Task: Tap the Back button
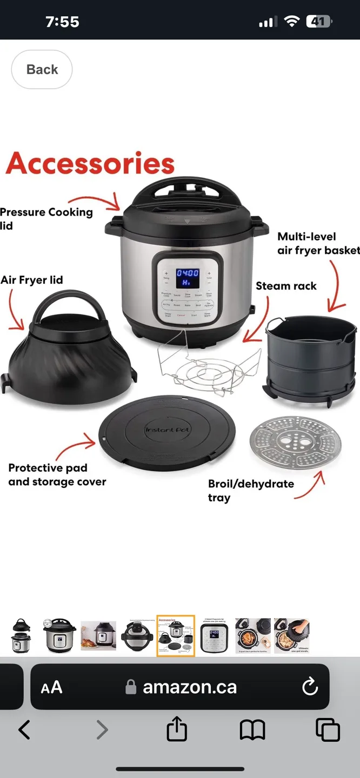pos(42,70)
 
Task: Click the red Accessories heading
pos(90,163)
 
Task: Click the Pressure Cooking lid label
pos(46,218)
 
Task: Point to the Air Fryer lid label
pos(32,280)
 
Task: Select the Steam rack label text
pos(286,286)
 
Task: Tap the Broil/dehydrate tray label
pos(250,490)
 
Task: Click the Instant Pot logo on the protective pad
pos(167,430)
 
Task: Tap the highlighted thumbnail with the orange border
pos(176,635)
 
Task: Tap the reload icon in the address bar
pos(310,687)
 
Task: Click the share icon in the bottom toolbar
pos(177,730)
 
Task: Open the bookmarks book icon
pos(252,730)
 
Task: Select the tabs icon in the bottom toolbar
pos(328,730)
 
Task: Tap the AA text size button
pos(52,687)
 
